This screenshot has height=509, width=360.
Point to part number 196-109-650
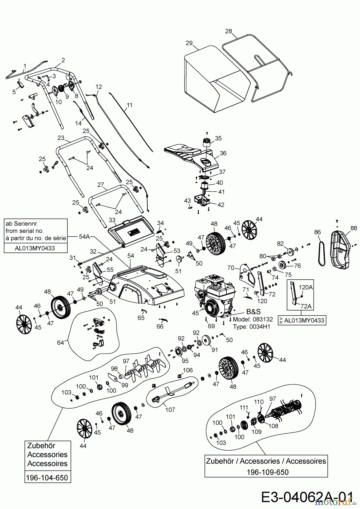[267, 472]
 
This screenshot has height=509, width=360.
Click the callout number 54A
[84, 236]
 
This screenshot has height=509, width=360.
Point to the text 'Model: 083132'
[253, 319]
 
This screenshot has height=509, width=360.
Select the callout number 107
[170, 409]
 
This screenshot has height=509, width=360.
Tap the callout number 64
[60, 342]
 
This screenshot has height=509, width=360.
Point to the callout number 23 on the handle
[61, 138]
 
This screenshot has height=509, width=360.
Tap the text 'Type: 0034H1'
[251, 327]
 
